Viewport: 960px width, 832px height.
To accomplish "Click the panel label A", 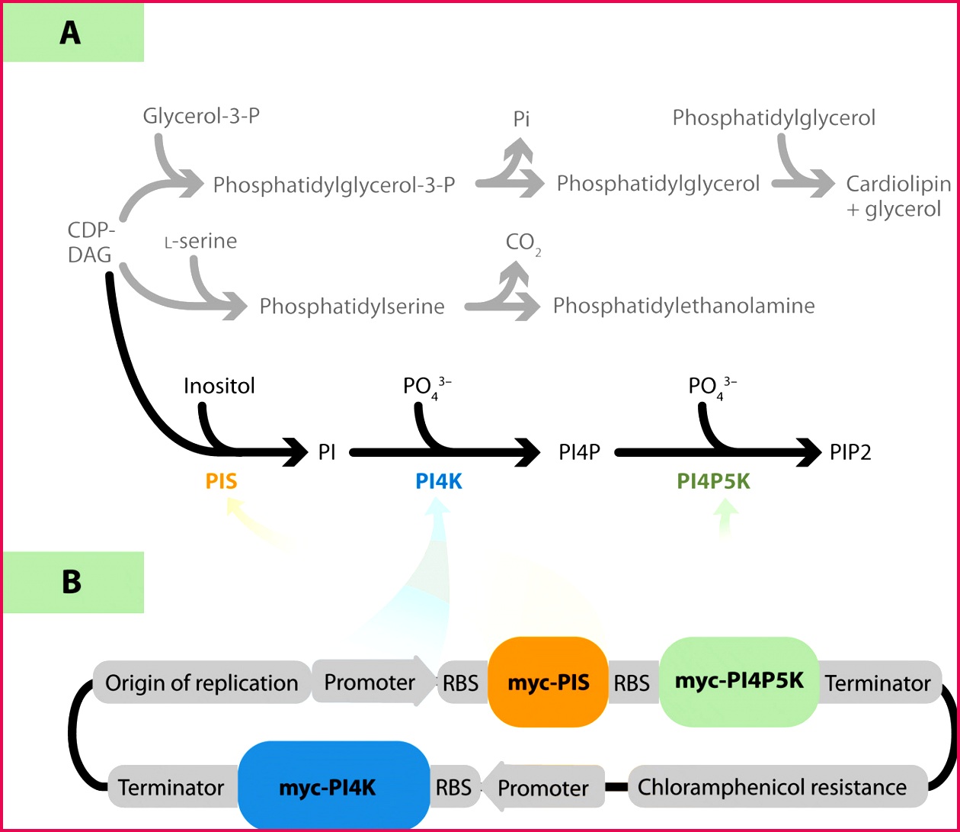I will (70, 33).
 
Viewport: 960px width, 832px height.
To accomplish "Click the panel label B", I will (71, 581).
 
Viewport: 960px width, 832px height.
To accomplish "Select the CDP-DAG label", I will (90, 243).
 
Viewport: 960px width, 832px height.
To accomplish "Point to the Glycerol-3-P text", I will (197, 117).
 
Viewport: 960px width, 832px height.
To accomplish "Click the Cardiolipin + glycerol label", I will (899, 197).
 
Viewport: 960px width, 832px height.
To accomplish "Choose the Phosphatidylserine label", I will (352, 307).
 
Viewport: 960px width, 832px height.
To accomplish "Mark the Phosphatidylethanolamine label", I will (683, 306).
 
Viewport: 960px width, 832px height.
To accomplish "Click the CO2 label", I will (523, 243).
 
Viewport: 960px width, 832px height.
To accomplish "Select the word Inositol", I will (219, 386).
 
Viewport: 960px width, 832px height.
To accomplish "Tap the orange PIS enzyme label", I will (222, 481).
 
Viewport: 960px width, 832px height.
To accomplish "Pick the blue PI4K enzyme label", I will (439, 481).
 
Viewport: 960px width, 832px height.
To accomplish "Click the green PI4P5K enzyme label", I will (713, 481).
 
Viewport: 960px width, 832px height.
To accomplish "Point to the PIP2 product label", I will (850, 453).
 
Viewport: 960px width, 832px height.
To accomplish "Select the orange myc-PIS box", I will (548, 682).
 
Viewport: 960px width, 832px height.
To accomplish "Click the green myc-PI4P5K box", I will (738, 680).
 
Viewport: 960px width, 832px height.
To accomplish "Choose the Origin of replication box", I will (201, 683).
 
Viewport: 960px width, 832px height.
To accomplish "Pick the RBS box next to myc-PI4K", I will (452, 786).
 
